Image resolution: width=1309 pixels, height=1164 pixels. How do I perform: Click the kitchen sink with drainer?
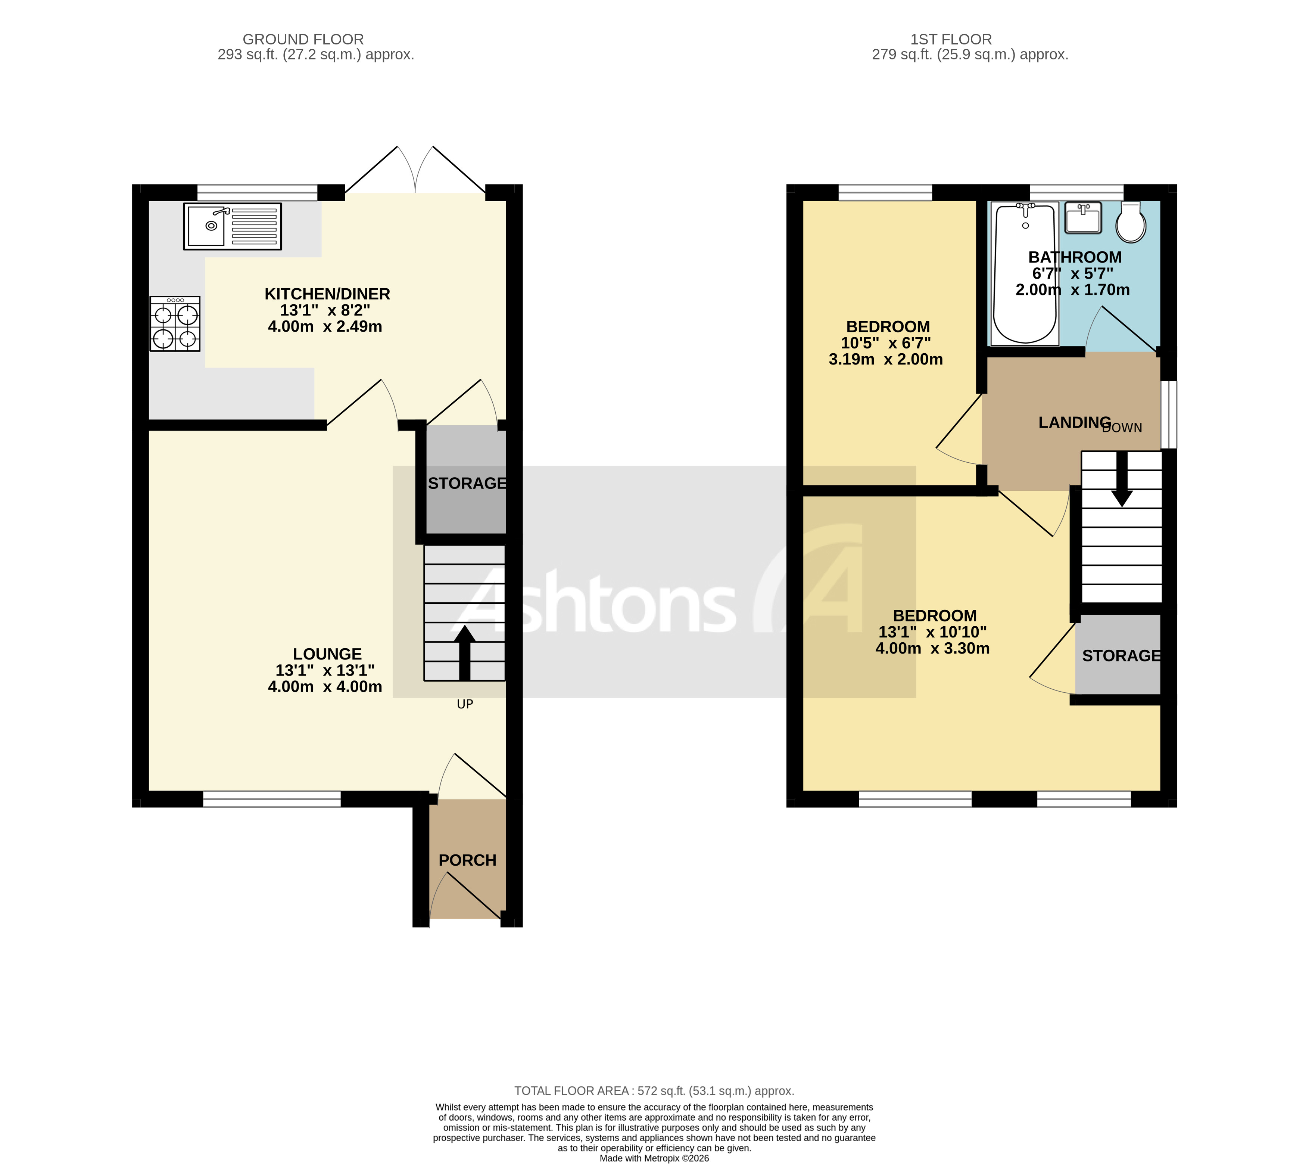(x=233, y=226)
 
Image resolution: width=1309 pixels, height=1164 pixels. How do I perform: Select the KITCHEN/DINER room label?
(x=327, y=294)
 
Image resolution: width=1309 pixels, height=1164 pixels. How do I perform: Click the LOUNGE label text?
(x=327, y=654)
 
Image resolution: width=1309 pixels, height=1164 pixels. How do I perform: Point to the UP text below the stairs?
(x=465, y=704)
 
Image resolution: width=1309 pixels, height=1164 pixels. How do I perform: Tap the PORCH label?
(x=467, y=860)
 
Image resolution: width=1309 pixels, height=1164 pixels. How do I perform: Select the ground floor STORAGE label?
(x=467, y=484)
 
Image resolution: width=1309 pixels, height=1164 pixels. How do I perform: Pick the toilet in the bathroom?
(x=1131, y=222)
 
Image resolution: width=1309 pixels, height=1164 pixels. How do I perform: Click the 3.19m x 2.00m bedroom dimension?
(x=886, y=359)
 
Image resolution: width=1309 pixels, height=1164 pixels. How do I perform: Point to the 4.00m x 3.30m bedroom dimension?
(x=932, y=648)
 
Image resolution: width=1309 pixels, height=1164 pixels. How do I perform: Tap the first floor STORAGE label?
(x=1121, y=656)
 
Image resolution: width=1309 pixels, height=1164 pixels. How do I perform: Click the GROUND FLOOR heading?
(x=303, y=39)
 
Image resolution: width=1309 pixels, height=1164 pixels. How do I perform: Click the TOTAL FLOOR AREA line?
(x=654, y=1091)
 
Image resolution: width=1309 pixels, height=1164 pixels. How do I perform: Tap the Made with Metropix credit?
(x=654, y=1158)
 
